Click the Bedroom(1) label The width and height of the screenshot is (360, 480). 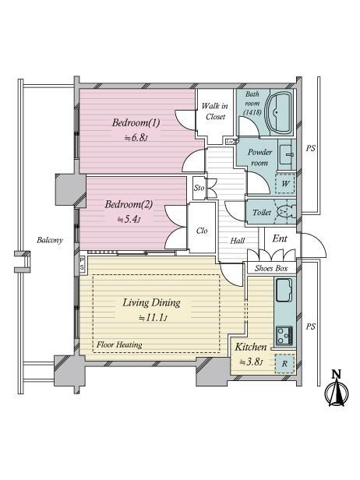[x=136, y=123]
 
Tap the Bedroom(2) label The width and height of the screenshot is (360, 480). [x=129, y=204]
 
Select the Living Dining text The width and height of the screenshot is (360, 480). [x=151, y=303]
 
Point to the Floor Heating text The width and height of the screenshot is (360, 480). [x=119, y=344]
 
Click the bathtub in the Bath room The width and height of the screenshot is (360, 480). [x=280, y=112]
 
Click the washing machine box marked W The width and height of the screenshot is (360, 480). [x=285, y=183]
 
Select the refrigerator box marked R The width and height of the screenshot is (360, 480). [x=284, y=364]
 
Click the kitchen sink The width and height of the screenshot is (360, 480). [x=284, y=290]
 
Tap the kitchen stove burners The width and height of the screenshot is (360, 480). [x=284, y=336]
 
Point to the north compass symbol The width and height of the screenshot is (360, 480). [x=337, y=390]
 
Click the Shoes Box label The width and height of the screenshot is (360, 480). [x=271, y=269]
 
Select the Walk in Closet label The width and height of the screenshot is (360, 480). [x=216, y=111]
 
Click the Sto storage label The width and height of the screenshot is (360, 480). [x=199, y=188]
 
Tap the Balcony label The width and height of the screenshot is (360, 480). [x=50, y=240]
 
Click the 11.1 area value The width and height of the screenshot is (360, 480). [x=153, y=317]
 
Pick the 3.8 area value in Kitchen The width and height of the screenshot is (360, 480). [x=252, y=362]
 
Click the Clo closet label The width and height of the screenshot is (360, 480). [x=202, y=231]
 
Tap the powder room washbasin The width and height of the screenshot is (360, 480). [x=287, y=154]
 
